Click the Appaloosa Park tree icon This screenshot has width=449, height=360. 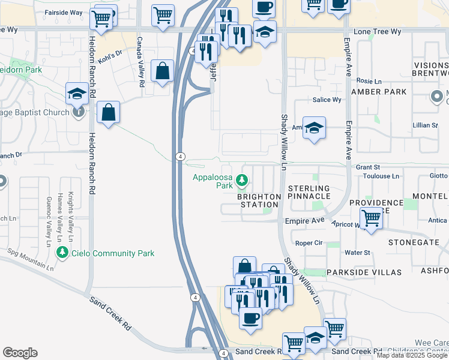242,179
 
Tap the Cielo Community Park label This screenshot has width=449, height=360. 114,253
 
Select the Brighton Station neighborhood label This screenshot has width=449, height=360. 259,200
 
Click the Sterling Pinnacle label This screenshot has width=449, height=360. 309,192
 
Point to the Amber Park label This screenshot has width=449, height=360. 379,92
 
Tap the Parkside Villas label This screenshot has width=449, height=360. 363,272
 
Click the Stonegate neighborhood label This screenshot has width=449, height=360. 414,242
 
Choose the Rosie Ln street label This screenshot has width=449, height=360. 369,81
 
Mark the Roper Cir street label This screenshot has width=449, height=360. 310,243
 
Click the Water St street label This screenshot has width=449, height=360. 358,253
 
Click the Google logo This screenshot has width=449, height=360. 20,353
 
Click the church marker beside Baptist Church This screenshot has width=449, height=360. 77,112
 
